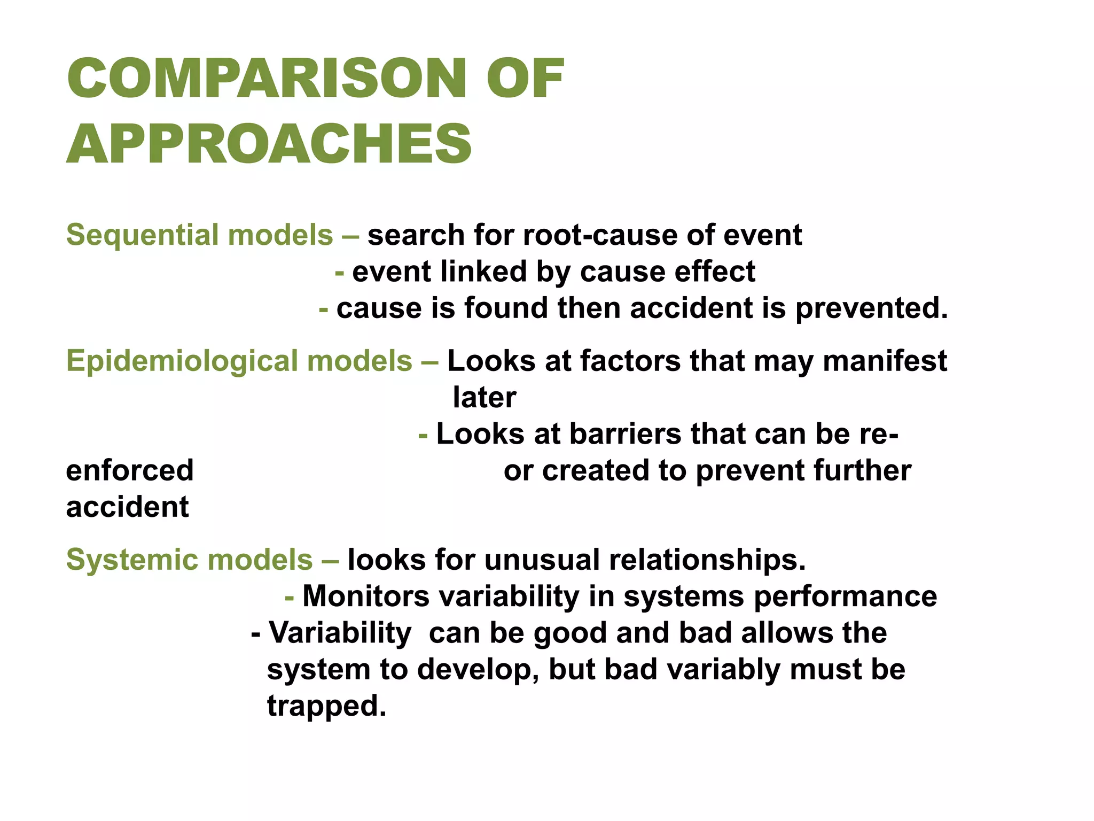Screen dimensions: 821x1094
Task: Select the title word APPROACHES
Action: pos(269,144)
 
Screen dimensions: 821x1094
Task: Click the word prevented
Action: pos(871,309)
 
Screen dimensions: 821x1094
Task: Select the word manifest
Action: pos(885,361)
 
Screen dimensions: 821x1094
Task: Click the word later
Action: pos(485,398)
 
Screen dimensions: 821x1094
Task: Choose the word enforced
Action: pos(130,470)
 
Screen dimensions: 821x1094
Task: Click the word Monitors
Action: pos(366,597)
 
